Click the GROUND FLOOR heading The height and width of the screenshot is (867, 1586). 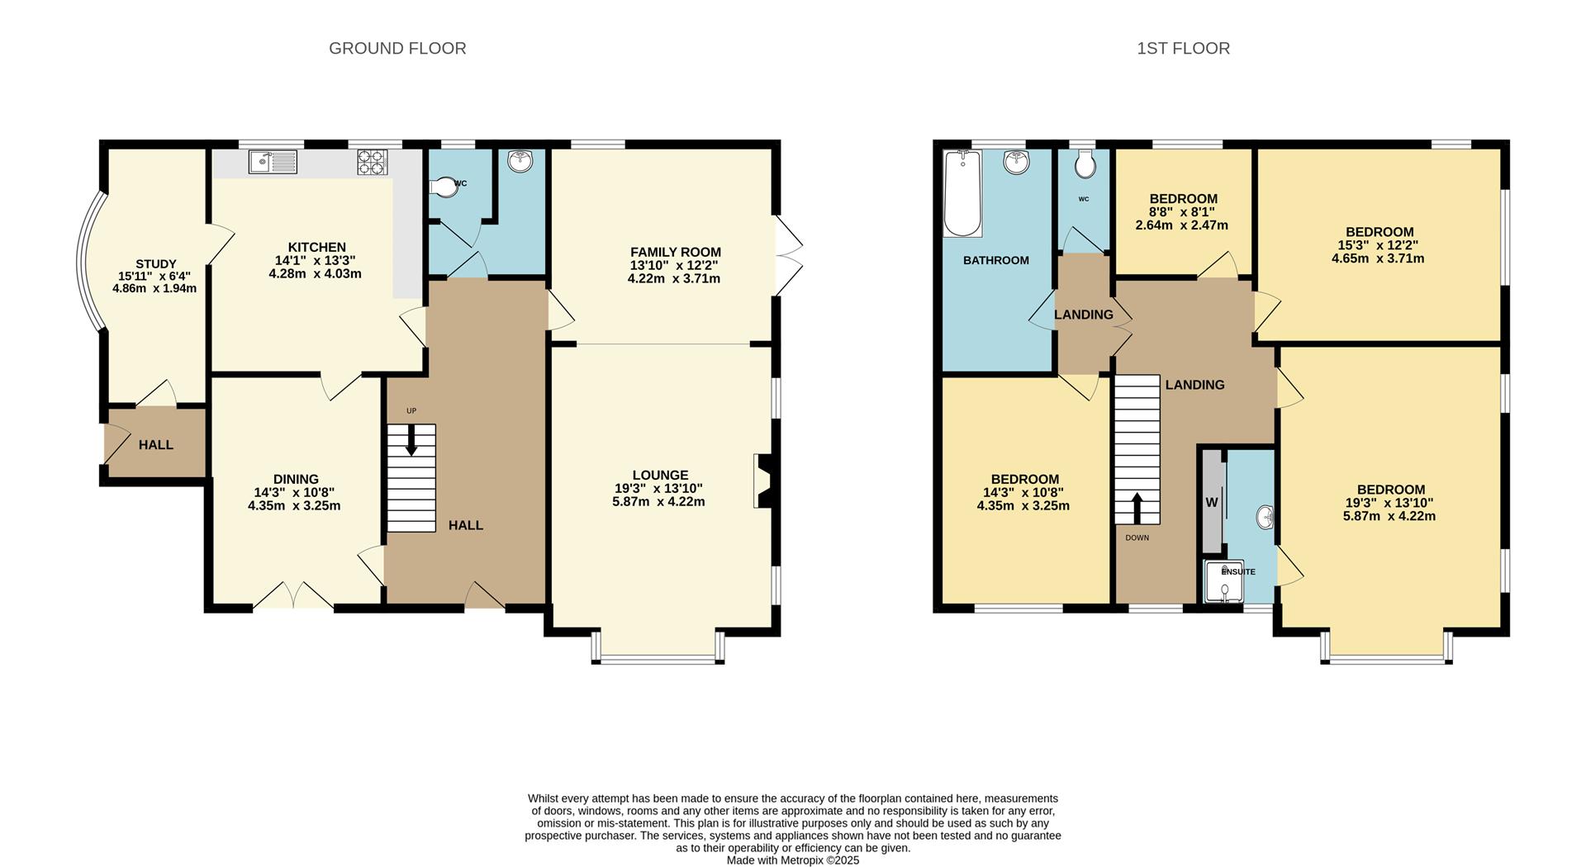(397, 49)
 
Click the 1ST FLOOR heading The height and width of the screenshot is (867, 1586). (1183, 49)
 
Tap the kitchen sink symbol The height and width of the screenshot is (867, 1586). (273, 162)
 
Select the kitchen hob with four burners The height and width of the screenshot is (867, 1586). (372, 161)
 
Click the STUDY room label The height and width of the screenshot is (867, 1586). (155, 264)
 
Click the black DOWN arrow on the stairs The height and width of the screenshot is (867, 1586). (1137, 508)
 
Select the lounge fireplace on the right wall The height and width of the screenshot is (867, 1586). (762, 481)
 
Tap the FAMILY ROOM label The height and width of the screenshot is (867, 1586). (675, 253)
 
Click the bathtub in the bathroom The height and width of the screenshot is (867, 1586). (962, 193)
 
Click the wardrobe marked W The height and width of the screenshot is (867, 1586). (1212, 501)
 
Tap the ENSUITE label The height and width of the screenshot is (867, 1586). (1237, 571)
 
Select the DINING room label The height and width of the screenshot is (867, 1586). (296, 480)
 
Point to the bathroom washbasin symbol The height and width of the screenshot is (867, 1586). (1016, 162)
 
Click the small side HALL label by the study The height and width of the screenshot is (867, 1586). (155, 445)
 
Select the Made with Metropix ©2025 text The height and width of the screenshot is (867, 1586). (792, 860)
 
